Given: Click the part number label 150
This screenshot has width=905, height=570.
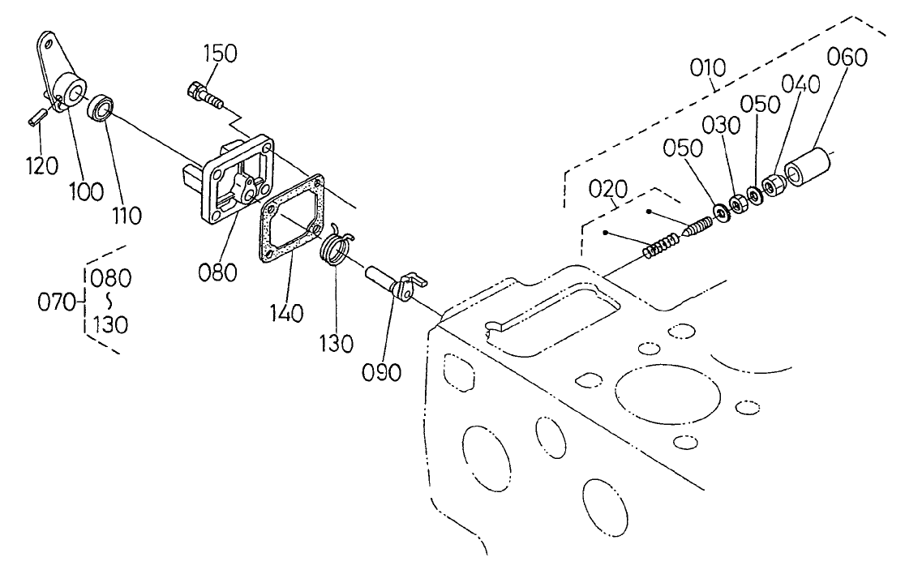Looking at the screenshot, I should coord(220,54).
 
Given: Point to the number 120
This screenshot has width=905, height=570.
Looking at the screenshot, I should coord(41,165).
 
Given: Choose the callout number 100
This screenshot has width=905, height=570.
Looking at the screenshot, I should coord(87,191).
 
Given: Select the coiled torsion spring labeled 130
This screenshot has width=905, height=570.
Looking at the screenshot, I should coord(335,246).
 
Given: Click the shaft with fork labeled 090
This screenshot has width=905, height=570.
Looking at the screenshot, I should coord(393,283).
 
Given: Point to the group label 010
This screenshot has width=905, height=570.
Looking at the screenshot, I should coord(708,68).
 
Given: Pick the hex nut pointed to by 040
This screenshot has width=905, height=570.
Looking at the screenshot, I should coord(774,186).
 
